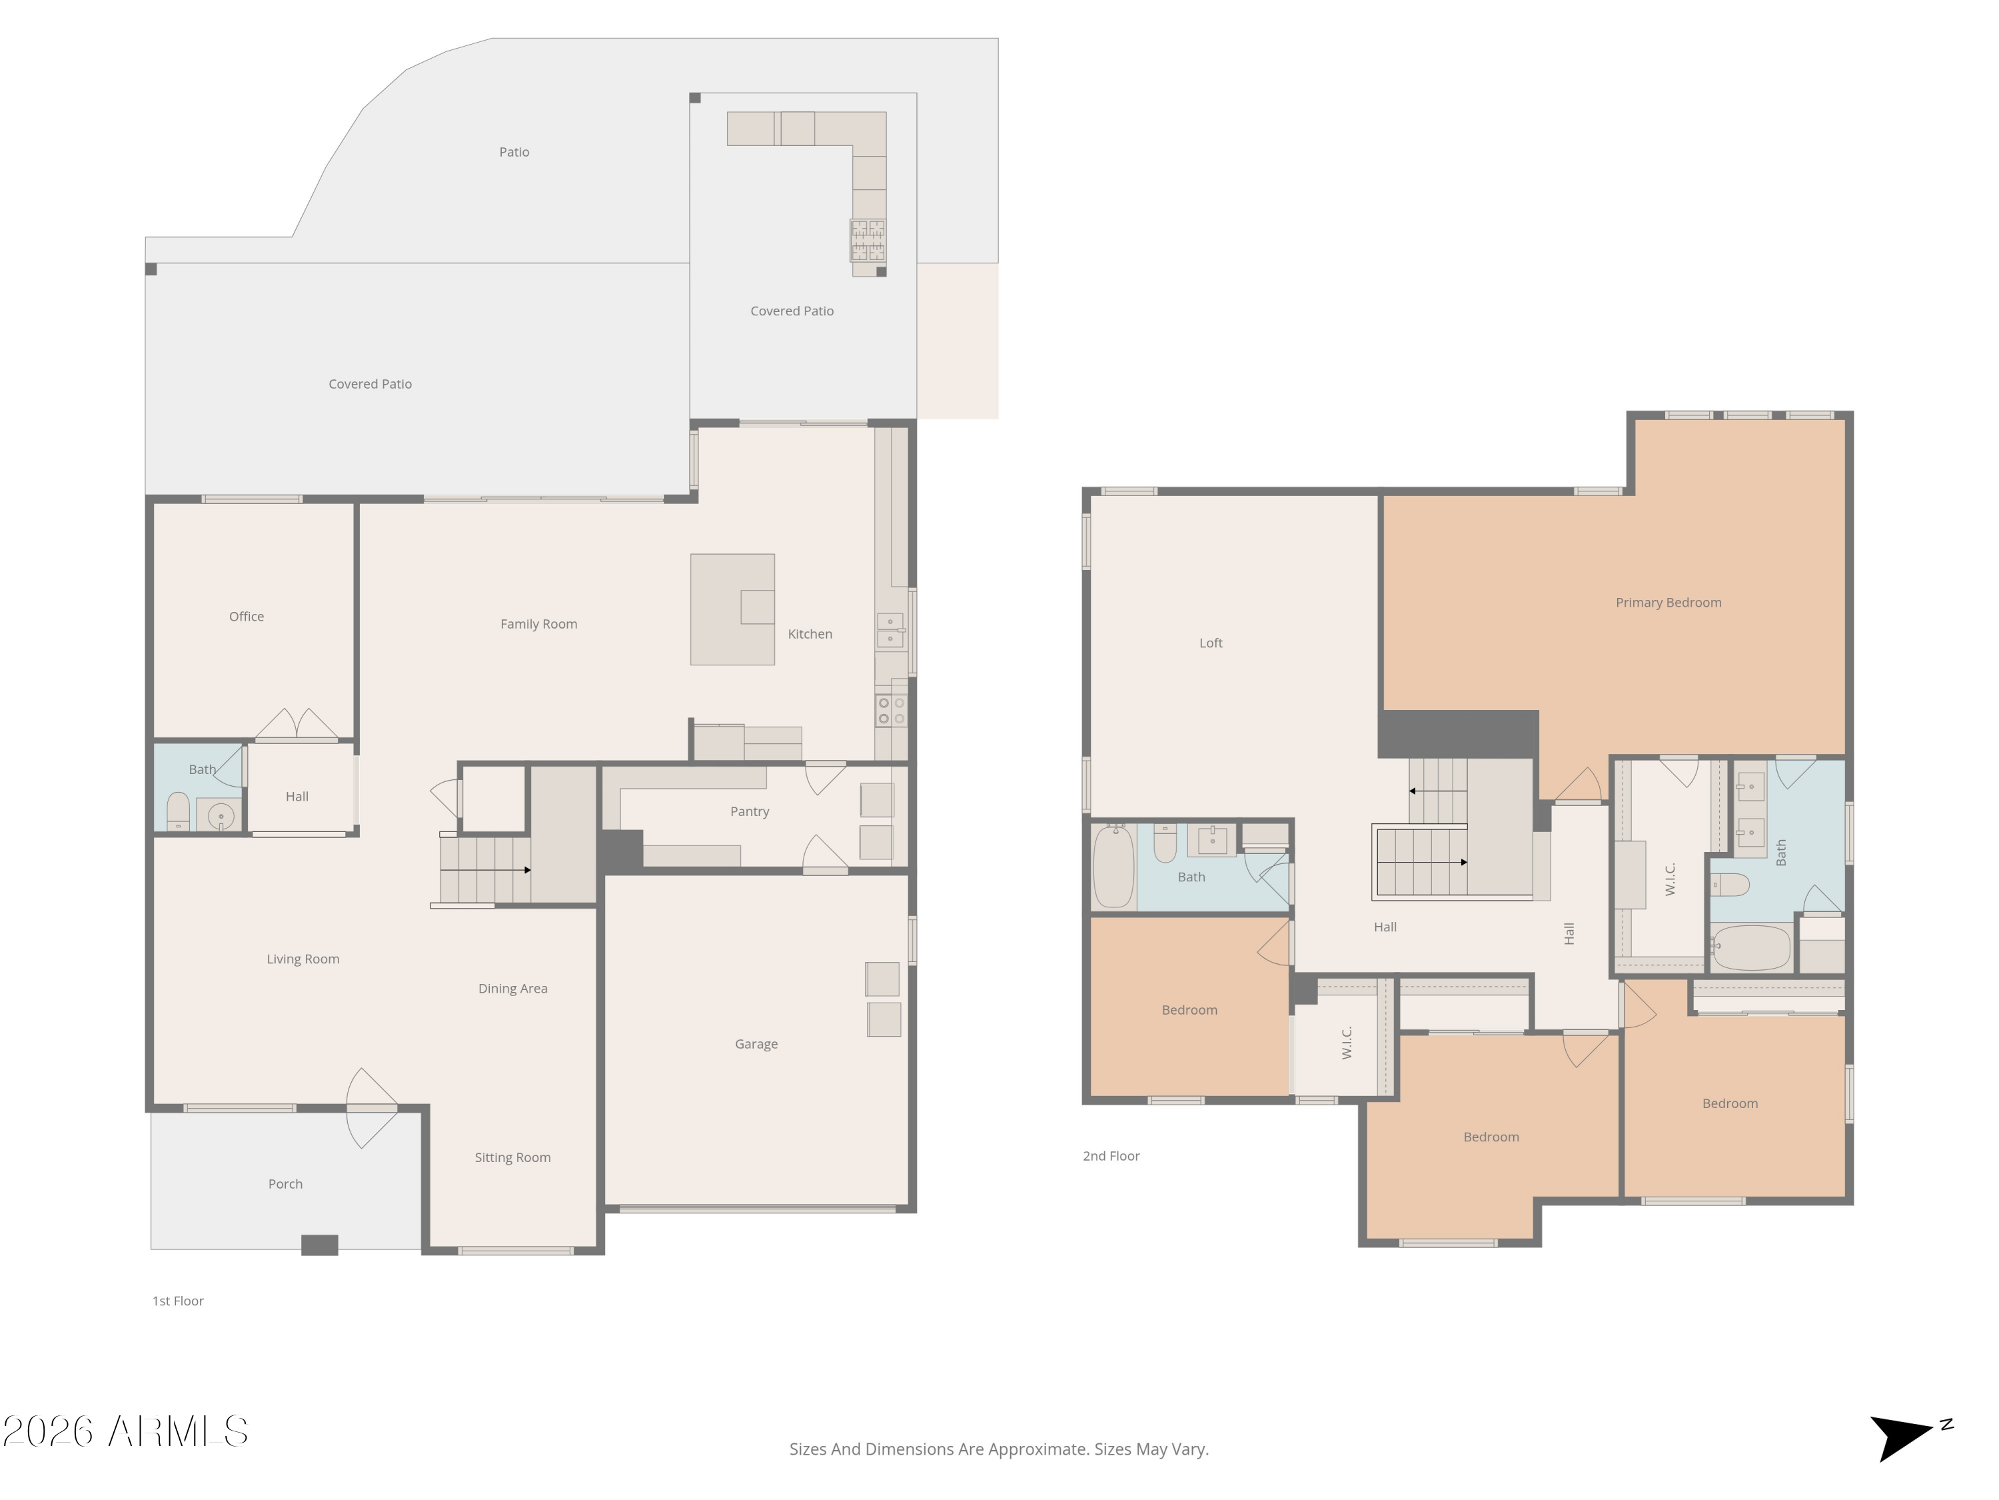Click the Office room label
246,617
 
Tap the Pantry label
749,812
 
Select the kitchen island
732,609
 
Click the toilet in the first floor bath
178,811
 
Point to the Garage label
756,1044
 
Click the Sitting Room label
512,1158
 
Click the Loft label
1210,644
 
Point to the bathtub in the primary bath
1750,947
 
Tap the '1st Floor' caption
178,1301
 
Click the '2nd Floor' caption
1111,1157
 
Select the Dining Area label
512,989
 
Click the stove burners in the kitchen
890,711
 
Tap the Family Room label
538,625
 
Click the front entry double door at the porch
370,1109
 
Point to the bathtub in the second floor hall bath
1113,866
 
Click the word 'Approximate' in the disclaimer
1037,1449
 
